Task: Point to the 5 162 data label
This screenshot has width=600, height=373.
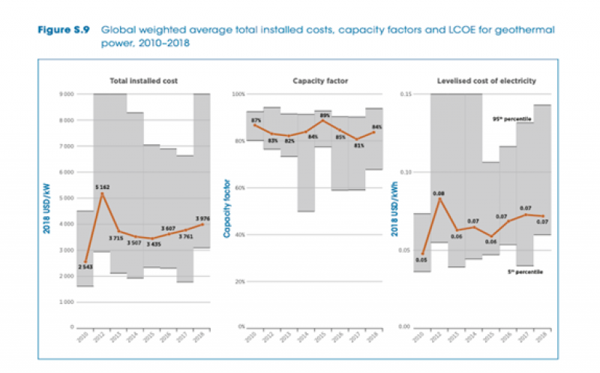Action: point(103,186)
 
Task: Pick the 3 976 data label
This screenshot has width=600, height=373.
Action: point(202,218)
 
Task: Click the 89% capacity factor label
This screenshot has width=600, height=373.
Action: point(324,116)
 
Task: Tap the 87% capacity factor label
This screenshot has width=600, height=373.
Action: point(256,120)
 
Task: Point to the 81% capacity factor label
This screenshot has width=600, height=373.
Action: point(359,146)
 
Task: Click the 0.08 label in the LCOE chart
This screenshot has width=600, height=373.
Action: point(439,193)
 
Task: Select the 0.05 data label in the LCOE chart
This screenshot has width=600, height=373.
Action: point(421,260)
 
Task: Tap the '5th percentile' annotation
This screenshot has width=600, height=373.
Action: point(523,272)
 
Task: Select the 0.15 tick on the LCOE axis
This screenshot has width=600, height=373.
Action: point(405,95)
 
